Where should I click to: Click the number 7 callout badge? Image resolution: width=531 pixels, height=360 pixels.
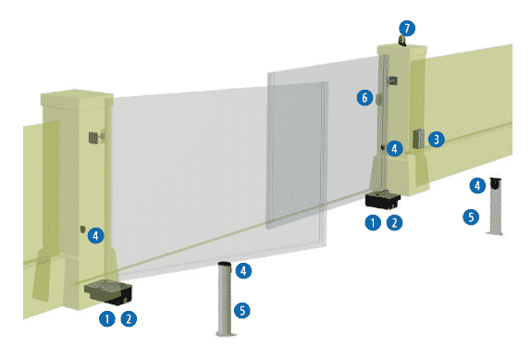407,28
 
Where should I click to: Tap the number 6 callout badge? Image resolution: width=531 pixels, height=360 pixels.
364,98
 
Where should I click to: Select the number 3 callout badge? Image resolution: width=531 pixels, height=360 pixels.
437,139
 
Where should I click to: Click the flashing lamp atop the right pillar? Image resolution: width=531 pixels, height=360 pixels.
402,41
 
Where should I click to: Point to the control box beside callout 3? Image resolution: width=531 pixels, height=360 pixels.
418,139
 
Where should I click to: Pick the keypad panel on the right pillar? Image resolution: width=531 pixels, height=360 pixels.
393,81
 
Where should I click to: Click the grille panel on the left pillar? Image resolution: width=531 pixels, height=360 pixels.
93,137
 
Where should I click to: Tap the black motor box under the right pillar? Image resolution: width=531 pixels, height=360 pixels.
383,200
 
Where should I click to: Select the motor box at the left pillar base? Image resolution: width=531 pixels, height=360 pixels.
108,292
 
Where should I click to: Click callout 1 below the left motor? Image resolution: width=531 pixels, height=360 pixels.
107,319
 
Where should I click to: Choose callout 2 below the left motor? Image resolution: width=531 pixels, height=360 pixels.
129,319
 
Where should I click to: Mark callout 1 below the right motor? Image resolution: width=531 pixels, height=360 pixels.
373,223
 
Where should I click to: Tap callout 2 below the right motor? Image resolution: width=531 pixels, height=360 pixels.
394,223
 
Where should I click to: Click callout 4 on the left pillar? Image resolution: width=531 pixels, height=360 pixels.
96,235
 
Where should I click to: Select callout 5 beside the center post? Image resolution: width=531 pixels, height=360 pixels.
242,311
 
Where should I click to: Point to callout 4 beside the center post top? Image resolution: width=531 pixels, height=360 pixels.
243,270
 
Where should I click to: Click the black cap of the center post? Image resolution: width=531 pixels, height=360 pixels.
225,264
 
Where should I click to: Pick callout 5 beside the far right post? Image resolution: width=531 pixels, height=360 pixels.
471,217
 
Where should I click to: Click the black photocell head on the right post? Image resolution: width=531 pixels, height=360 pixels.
496,183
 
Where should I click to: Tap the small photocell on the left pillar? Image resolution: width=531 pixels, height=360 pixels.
82,229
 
